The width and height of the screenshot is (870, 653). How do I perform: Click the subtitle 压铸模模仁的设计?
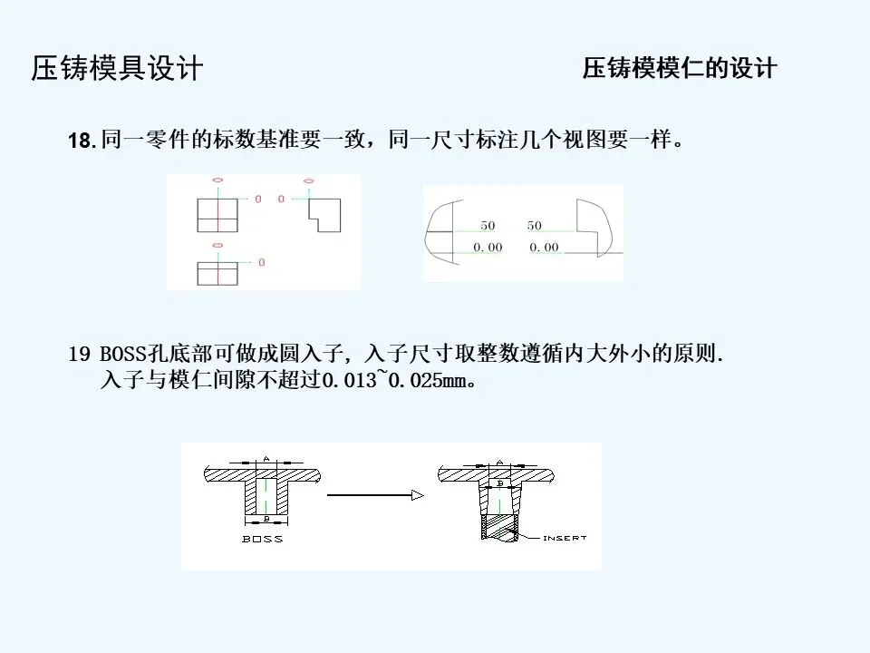coord(680,69)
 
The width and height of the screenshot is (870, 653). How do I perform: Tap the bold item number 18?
coord(81,141)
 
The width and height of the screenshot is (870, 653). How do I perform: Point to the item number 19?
coord(78,354)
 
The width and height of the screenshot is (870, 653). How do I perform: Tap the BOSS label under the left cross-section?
coord(263,539)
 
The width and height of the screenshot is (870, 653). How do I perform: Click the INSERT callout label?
coord(565,538)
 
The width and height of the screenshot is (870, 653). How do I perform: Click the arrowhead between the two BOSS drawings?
coord(417,495)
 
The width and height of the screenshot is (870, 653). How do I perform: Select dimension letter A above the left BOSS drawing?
coord(266,456)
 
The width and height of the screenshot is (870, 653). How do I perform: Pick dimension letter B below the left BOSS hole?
coord(266,519)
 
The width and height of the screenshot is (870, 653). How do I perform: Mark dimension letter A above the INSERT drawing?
coord(498,458)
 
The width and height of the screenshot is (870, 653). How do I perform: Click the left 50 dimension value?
coord(488,225)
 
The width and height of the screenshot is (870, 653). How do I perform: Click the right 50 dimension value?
coord(535,225)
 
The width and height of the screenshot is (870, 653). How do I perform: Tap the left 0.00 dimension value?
coord(488,247)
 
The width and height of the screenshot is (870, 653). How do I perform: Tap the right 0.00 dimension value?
coord(544,247)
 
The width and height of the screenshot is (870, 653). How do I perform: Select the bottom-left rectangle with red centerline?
coord(217,273)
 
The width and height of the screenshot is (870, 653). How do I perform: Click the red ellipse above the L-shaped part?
coord(308,180)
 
